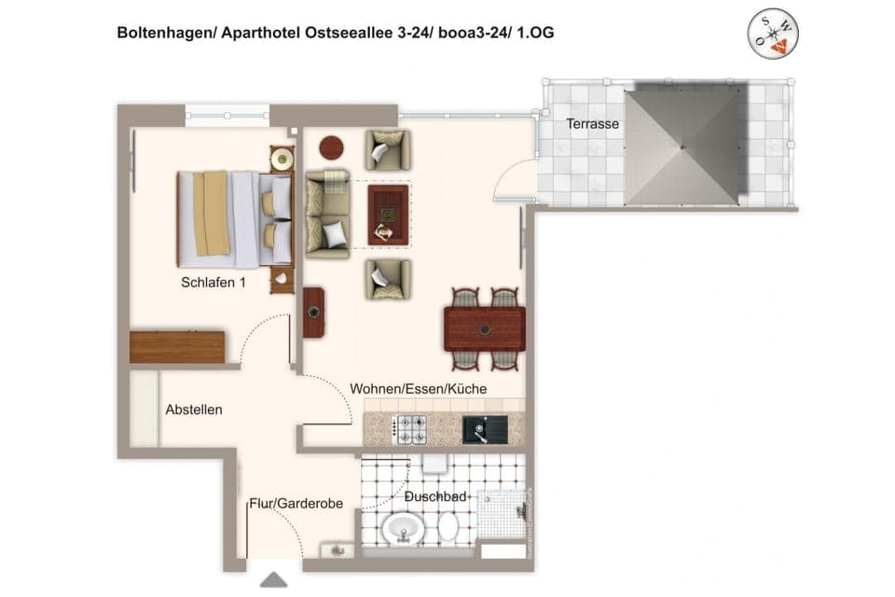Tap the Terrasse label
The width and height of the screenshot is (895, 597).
point(592,123)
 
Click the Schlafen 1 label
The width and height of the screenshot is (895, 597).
point(213,283)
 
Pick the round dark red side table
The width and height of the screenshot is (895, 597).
point(332,147)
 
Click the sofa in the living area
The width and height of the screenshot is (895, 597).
point(328,214)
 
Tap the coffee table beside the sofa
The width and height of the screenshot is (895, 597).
point(388,215)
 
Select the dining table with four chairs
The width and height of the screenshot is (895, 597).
point(484,328)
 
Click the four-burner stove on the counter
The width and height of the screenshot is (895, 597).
point(409,428)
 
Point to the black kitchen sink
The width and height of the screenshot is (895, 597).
point(485,429)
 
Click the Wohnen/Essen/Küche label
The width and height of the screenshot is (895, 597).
point(419,388)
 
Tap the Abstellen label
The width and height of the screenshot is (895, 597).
point(194,410)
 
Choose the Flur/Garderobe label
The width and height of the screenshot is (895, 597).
point(296,504)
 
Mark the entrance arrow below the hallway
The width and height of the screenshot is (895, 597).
point(272,580)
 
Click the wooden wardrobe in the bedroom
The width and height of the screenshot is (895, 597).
point(177,346)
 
